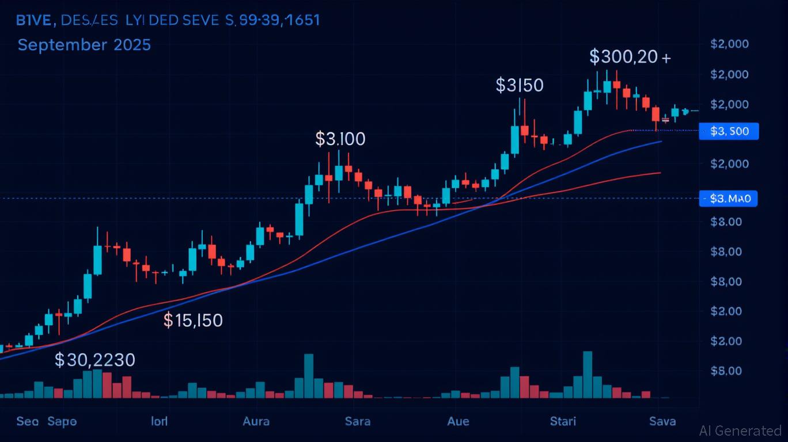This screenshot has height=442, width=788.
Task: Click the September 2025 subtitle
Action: tap(84, 45)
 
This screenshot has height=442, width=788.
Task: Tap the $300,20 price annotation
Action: tap(630, 57)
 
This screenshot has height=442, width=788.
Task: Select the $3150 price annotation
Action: tap(519, 86)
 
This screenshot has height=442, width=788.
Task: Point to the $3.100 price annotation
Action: tap(340, 139)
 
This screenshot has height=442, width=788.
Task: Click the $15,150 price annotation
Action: tap(193, 320)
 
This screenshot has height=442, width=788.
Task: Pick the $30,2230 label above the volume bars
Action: tap(95, 360)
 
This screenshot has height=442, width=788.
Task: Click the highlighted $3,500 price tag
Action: tap(729, 131)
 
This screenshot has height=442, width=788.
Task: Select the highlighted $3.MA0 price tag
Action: tap(729, 199)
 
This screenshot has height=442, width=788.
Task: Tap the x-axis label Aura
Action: tap(256, 421)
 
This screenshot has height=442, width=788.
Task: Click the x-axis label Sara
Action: tap(357, 421)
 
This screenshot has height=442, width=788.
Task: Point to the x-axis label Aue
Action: tap(458, 421)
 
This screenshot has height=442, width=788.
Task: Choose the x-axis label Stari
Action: tap(563, 421)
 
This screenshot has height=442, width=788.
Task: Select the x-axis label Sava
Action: tap(662, 421)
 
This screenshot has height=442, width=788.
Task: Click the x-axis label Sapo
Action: tap(62, 421)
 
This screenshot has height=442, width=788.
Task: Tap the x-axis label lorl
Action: tap(159, 421)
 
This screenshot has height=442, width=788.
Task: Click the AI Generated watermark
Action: tap(740, 430)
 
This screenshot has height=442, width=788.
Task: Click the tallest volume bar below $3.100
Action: tap(309, 376)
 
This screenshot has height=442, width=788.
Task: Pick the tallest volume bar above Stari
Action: tap(588, 374)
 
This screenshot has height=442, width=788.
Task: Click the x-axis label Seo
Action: tap(28, 421)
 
